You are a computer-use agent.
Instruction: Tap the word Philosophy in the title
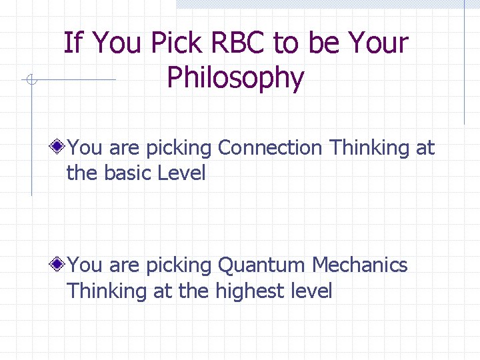235,78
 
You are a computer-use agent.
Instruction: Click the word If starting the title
73,43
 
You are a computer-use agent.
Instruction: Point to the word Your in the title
377,43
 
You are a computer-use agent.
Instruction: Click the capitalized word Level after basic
181,173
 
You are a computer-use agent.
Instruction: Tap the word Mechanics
359,265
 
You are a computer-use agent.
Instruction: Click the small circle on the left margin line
31,81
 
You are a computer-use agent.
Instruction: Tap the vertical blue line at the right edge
464,67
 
